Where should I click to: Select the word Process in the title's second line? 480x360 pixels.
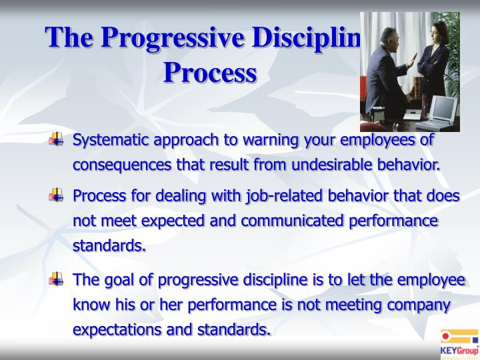[x=210, y=72]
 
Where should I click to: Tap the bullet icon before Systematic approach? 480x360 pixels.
[x=59, y=141]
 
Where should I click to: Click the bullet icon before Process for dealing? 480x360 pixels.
[x=59, y=196]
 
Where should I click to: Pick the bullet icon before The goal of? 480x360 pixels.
[x=59, y=279]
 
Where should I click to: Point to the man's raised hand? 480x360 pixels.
[x=411, y=62]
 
